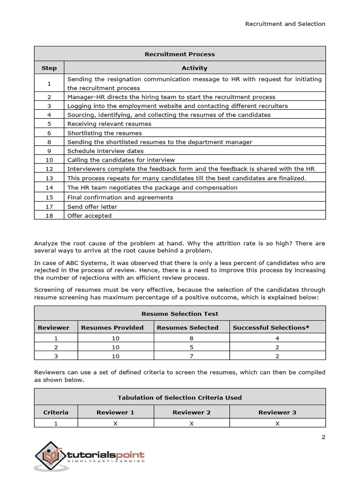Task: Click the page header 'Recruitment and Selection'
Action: click(x=285, y=24)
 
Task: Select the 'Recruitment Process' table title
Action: click(x=180, y=54)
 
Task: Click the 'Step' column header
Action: click(x=49, y=68)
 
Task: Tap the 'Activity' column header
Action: click(x=194, y=68)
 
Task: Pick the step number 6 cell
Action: click(x=49, y=133)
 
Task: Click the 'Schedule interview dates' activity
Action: click(x=105, y=151)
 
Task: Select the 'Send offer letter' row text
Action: click(x=92, y=206)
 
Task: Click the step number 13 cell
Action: click(x=49, y=178)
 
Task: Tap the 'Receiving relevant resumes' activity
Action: click(x=109, y=124)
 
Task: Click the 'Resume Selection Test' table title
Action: click(x=180, y=314)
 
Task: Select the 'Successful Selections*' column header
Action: click(x=271, y=328)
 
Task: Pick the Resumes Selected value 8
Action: click(x=191, y=338)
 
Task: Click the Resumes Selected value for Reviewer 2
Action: click(x=191, y=347)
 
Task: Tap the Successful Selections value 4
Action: click(x=277, y=338)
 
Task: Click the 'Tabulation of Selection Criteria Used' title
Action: click(x=180, y=397)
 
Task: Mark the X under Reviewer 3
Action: click(x=277, y=423)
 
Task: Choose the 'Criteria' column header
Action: click(x=56, y=412)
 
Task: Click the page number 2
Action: click(x=323, y=437)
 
